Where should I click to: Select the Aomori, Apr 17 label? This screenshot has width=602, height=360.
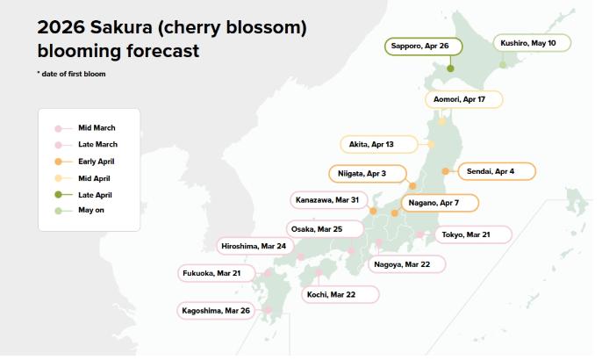click(464, 99)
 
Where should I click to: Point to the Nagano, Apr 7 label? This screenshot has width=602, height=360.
click(441, 203)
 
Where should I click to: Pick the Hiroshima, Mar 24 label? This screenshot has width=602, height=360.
click(254, 246)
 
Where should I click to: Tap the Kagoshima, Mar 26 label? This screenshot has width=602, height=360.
click(215, 310)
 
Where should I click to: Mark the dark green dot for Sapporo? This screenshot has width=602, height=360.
click(450, 68)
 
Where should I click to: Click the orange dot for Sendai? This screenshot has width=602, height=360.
click(446, 171)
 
